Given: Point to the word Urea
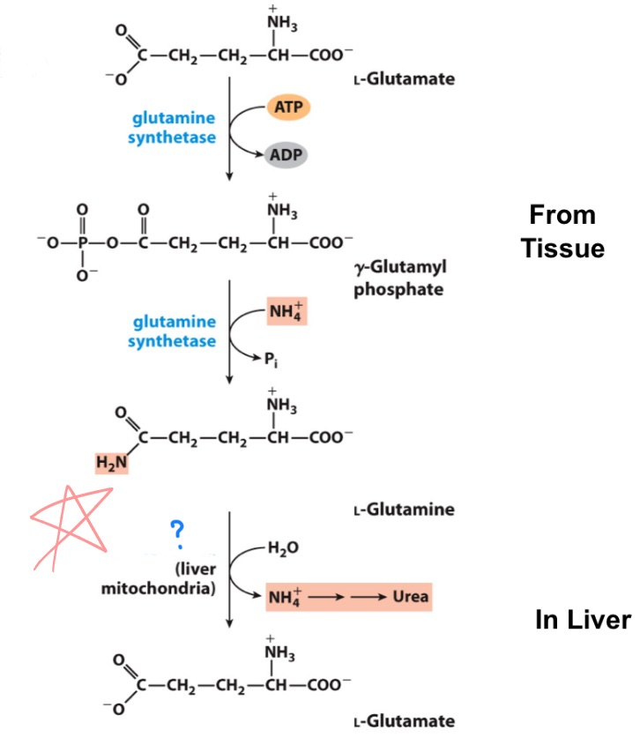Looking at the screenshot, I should pyautogui.click(x=410, y=597).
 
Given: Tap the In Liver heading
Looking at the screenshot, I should pyautogui.click(x=583, y=620).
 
